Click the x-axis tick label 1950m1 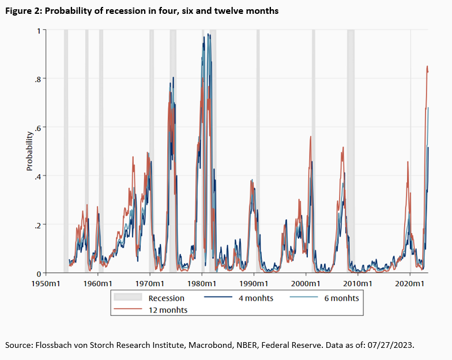pos(46,284)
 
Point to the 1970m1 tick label pos(150,284)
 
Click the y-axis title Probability pos(29,151)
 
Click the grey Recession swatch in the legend pos(129,298)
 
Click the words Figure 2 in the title pos(23,11)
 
